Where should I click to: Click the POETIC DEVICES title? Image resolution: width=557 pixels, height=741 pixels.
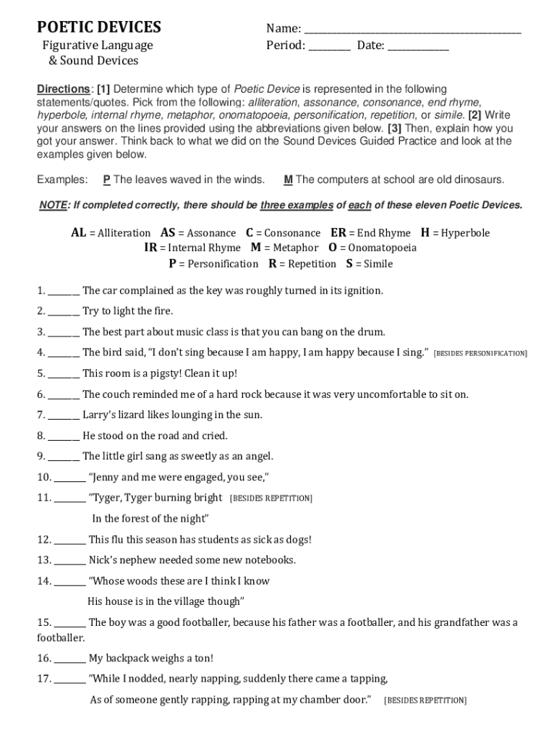click(x=99, y=27)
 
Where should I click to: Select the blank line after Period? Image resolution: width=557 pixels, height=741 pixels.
click(x=330, y=48)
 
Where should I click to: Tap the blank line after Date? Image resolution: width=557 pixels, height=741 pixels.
click(x=418, y=48)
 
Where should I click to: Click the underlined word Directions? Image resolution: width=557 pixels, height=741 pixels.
click(x=63, y=89)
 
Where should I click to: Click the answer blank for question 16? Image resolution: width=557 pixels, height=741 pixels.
click(x=70, y=659)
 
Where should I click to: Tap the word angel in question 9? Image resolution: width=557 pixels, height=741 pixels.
click(x=258, y=457)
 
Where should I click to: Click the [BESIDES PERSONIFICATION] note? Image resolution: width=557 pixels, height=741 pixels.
click(x=480, y=354)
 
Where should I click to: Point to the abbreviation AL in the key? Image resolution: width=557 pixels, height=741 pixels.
click(x=78, y=233)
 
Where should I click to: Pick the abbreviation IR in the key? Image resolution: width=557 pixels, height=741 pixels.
click(x=150, y=248)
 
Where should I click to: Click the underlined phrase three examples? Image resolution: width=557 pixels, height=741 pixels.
click(x=297, y=206)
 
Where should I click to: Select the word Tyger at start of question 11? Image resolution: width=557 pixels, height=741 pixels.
click(x=106, y=498)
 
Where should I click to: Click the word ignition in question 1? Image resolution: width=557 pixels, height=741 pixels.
click(x=360, y=291)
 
